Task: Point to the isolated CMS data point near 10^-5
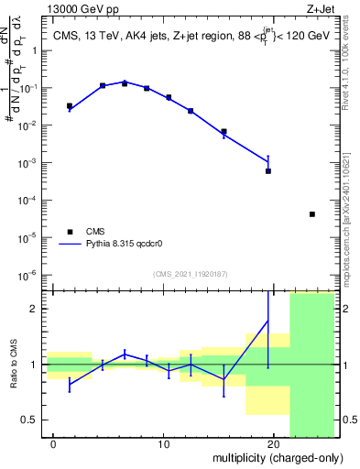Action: point(312,214)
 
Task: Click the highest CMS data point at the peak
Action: point(125,83)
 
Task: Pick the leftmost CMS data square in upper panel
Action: point(70,106)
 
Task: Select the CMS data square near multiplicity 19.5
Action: point(268,170)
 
